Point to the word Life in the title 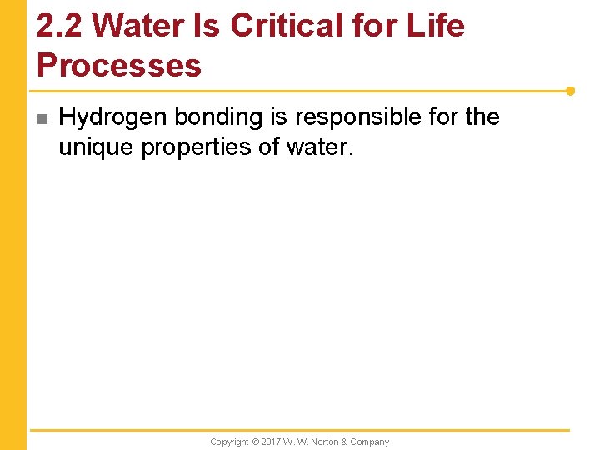[437, 26]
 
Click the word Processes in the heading [119, 66]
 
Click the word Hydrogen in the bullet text [113, 117]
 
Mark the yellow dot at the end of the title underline [570, 90]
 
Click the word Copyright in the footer [229, 442]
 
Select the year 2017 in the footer [272, 442]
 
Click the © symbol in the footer [256, 442]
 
